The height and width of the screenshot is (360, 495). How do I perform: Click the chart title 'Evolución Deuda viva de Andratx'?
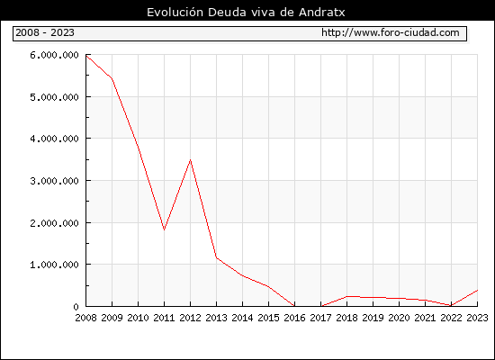246,13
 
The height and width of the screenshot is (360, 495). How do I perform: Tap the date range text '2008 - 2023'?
45,32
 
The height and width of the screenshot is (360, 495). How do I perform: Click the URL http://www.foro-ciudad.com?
391,32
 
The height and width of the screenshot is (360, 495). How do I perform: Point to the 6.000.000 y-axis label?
54,55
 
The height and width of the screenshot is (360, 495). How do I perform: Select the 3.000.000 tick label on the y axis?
54,181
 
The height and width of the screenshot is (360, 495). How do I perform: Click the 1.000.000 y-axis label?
54,265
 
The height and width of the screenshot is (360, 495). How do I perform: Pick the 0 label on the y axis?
76,307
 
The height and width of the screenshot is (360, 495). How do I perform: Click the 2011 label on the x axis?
164,318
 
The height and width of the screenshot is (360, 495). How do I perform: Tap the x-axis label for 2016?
294,318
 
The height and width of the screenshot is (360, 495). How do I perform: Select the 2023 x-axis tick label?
477,318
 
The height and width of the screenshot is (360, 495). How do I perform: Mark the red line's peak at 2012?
191,160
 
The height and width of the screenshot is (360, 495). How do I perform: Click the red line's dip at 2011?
164,229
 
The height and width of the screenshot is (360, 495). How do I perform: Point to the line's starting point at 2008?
86,56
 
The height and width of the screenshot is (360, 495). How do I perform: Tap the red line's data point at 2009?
112,78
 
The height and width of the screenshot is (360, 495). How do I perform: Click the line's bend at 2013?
217,257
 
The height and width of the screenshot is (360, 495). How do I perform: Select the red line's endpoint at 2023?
477,290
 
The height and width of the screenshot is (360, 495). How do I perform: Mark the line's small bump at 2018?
346,296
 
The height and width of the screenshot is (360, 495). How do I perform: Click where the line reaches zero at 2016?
294,306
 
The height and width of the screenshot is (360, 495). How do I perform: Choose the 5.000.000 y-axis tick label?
54,97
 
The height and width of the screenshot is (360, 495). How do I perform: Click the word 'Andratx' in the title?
321,13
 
